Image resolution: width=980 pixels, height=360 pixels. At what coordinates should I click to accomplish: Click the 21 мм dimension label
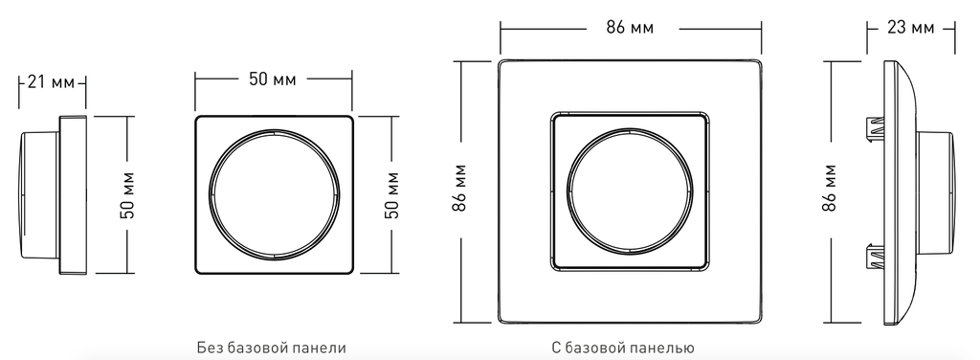pyautogui.click(x=52, y=82)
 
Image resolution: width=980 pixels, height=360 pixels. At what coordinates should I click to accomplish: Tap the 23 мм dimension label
pyautogui.click(x=911, y=28)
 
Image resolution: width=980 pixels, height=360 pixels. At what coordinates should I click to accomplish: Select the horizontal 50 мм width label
pyautogui.click(x=273, y=80)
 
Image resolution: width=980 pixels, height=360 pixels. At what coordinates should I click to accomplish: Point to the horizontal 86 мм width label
pyautogui.click(x=630, y=28)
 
